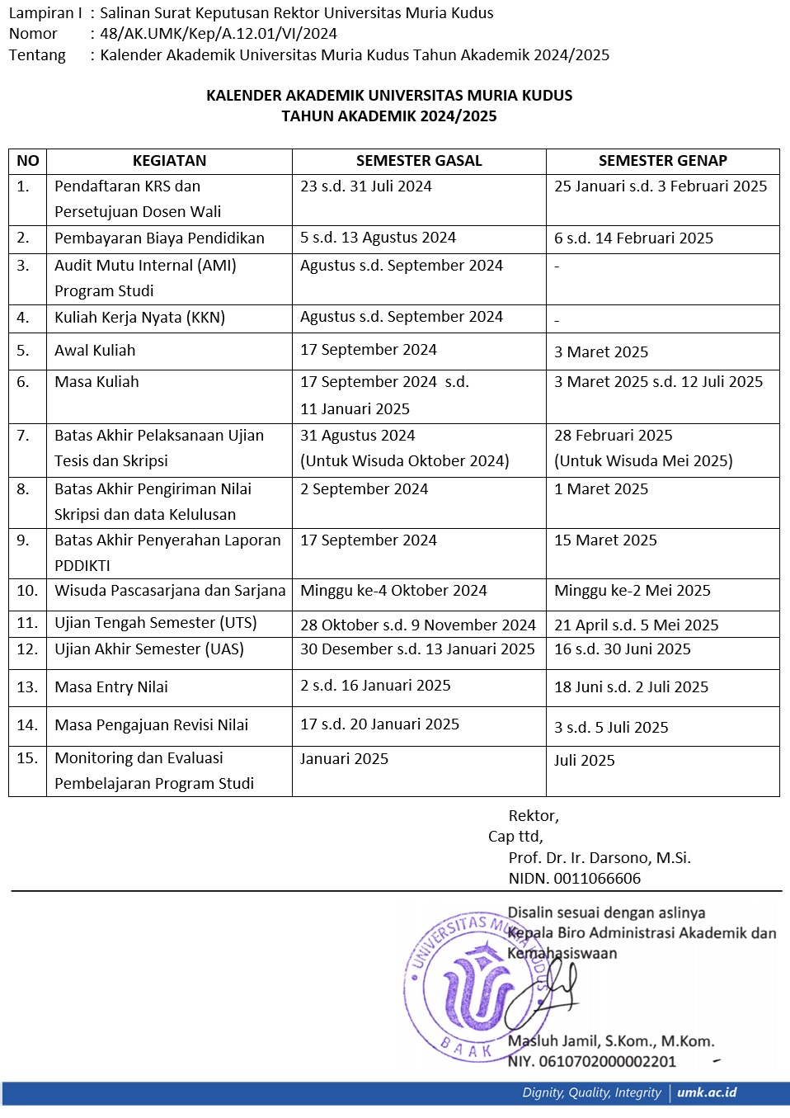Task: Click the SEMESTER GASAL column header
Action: coord(419,161)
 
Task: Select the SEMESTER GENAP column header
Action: coord(662,161)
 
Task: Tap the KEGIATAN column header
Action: coord(169,161)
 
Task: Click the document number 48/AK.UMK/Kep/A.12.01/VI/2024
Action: coord(219,34)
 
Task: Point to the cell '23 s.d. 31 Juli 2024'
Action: coord(366,186)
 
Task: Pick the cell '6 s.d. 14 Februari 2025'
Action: coord(633,238)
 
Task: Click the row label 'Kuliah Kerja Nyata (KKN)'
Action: coord(139,318)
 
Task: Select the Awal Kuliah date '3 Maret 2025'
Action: coord(601,352)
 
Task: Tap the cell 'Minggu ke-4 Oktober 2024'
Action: coord(393,591)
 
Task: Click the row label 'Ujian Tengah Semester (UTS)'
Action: coord(156,623)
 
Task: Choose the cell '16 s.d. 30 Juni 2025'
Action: coord(623,649)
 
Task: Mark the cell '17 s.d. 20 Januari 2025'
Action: coord(379,724)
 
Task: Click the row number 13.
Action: coord(27,686)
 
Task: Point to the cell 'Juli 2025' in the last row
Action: coord(585,761)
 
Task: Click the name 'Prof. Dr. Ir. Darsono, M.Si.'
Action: coord(600,858)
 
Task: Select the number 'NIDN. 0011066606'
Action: coord(575,879)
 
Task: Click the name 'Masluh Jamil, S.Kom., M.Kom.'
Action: coord(611,1041)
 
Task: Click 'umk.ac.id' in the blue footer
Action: coord(707,1092)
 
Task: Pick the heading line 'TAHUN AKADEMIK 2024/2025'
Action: coord(389,116)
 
